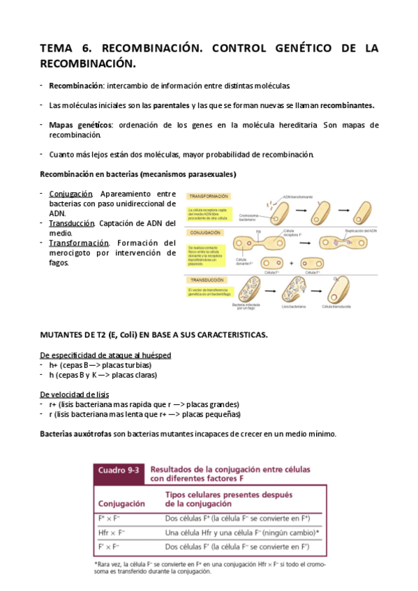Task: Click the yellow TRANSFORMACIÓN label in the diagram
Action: (205, 197)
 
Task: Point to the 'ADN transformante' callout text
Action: (298, 197)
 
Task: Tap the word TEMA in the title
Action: (60, 48)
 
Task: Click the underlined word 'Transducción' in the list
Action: (72, 223)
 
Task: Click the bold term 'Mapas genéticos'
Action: (80, 125)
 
